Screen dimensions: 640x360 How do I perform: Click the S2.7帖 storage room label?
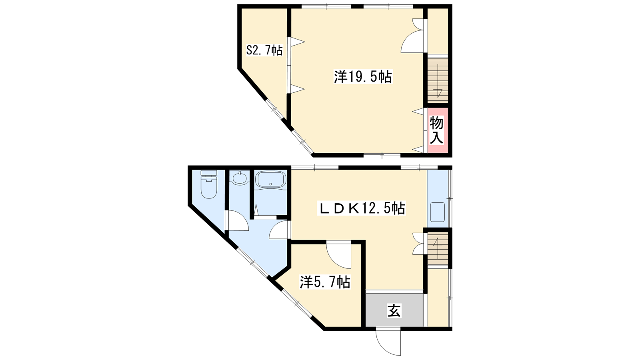264,50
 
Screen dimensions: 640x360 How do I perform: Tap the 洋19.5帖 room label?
363,77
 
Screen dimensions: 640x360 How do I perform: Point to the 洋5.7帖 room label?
325,282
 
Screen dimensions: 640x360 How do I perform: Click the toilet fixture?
209,184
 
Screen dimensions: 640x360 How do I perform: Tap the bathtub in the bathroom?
270,180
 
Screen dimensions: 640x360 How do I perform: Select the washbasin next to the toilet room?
240,178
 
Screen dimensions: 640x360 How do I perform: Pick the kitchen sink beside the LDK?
437,212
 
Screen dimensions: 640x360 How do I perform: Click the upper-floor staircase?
438,80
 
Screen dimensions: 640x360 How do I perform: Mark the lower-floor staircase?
438,248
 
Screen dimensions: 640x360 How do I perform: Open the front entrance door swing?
388,343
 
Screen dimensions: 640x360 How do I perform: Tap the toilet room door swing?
237,220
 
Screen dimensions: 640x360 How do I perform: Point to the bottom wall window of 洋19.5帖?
382,155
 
